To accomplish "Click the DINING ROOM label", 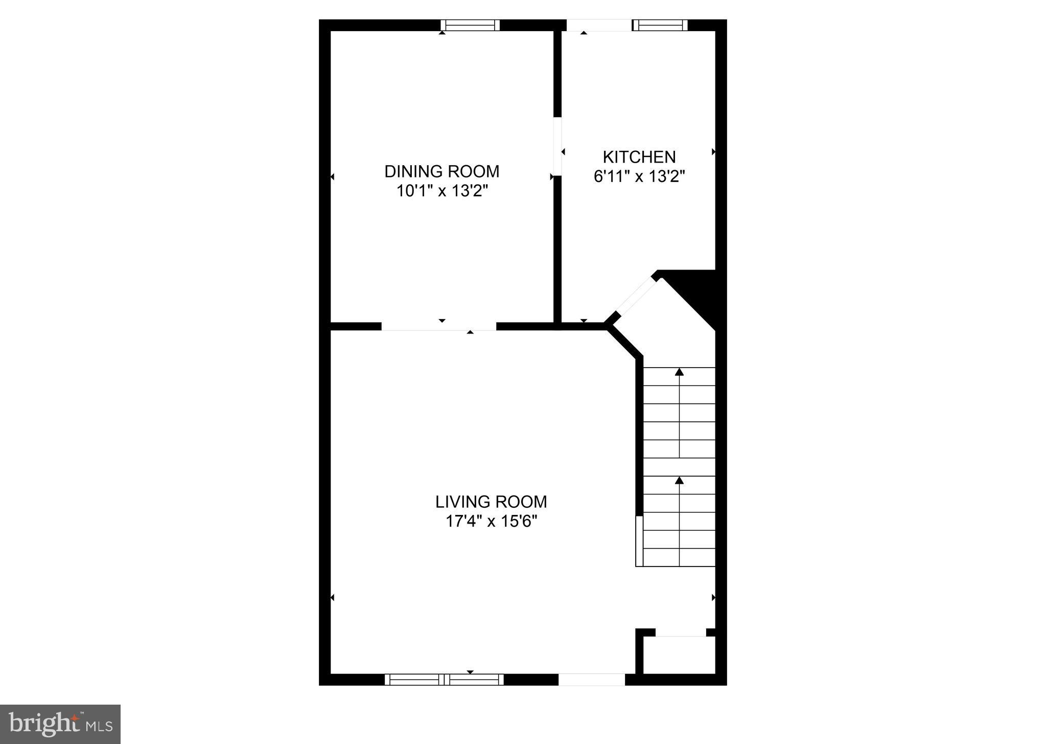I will [x=441, y=171].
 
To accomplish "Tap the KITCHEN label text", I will [x=639, y=156].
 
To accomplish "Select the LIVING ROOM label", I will [x=491, y=502].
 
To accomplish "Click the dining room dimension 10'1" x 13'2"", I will [x=442, y=191].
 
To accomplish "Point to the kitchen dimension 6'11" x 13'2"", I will [x=639, y=176].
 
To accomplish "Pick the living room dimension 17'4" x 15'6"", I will [x=491, y=522].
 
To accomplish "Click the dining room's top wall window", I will [x=470, y=25].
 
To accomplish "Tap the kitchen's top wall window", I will [x=660, y=25].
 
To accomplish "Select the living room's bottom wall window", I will [x=444, y=679].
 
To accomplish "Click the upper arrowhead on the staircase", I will [x=679, y=372].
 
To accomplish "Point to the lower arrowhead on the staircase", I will [x=679, y=480].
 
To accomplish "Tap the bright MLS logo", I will [x=60, y=724].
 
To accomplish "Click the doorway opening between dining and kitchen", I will [x=557, y=146].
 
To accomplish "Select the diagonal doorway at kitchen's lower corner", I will [x=635, y=299].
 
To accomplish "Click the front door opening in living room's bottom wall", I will [x=591, y=679].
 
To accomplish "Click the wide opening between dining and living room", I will [x=439, y=326].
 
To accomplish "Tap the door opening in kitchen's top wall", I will [x=599, y=25].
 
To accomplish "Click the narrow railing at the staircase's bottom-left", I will [x=639, y=541].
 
